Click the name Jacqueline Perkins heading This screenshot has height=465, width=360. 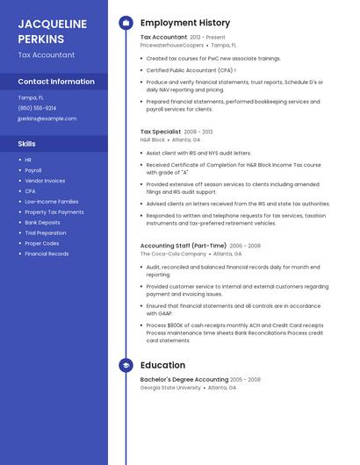pyautogui.click(x=53, y=31)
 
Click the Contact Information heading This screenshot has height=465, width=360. pyautogui.click(x=56, y=82)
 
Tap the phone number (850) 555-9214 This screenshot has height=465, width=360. pyautogui.click(x=37, y=108)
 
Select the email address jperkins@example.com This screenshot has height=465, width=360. pyautogui.click(x=47, y=118)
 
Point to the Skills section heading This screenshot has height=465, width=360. pyautogui.click(x=27, y=143)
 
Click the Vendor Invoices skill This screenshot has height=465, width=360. pyautogui.click(x=45, y=181)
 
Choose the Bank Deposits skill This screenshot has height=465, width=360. pyautogui.click(x=42, y=222)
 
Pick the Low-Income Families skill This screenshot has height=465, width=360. pyautogui.click(x=51, y=201)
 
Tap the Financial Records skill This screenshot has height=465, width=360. pyautogui.click(x=47, y=254)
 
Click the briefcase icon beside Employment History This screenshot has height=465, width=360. pyautogui.click(x=126, y=23)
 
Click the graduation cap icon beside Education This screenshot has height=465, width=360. pyautogui.click(x=126, y=365)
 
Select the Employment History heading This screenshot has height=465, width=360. pyautogui.click(x=185, y=23)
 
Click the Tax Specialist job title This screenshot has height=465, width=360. pyautogui.click(x=161, y=132)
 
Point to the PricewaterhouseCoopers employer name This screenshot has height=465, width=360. pyautogui.click(x=172, y=45)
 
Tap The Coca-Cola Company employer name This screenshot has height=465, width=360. pyautogui.click(x=169, y=254)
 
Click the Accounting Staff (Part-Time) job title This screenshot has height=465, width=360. pyautogui.click(x=184, y=246)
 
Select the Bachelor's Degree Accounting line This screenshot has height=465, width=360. pyautogui.click(x=184, y=380)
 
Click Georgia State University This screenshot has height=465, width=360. pyautogui.click(x=170, y=387)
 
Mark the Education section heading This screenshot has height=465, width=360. pyautogui.click(x=162, y=365)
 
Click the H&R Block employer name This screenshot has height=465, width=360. pyautogui.click(x=153, y=139)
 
